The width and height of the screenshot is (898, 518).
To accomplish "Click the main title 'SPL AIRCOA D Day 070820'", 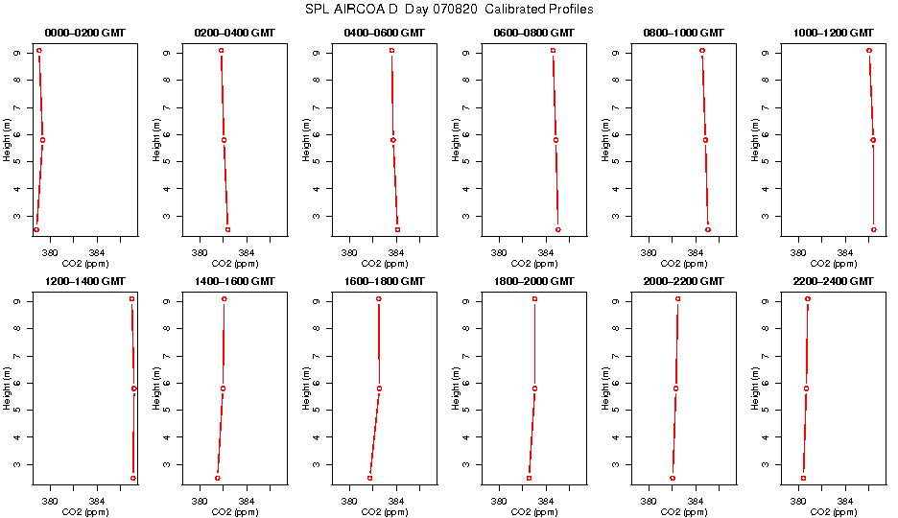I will pos(448,9).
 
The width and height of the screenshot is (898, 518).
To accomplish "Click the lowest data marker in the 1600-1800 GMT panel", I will pos(369,478).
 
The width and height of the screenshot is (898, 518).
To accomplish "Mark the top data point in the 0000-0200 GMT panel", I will pos(39,50).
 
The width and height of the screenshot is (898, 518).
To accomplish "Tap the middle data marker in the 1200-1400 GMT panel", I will pos(134,388).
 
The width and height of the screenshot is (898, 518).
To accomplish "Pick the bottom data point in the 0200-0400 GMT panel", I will pos(227,229).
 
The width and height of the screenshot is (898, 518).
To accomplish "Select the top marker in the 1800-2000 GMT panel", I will pos(534,299).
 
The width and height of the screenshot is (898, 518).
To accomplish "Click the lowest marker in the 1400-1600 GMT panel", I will pos(218,478).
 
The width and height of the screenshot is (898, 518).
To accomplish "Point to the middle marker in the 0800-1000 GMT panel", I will pos(705,140).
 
